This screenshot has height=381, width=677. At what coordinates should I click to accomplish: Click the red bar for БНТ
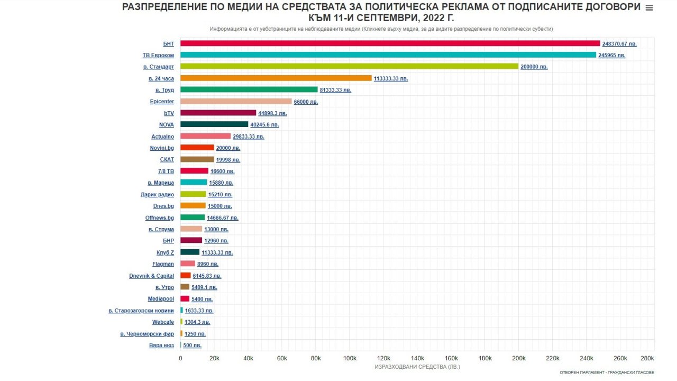tap(390, 43)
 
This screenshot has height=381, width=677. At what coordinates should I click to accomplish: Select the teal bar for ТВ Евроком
tap(388, 55)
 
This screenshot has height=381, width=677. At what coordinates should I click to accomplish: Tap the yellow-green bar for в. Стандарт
tap(349, 67)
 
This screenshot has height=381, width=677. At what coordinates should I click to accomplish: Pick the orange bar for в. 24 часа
tap(276, 78)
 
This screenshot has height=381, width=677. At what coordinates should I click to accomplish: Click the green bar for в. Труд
tap(249, 90)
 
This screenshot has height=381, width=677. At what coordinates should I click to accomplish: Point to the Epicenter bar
tap(236, 102)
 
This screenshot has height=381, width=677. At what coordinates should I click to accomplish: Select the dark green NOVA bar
tap(214, 125)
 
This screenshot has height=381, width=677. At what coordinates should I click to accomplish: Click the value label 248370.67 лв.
tap(619, 44)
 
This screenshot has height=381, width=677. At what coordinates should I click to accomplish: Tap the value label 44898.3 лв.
tap(272, 113)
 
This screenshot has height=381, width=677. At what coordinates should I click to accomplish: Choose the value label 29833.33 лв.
tap(249, 137)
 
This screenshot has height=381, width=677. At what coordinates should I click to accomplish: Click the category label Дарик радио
tap(158, 195)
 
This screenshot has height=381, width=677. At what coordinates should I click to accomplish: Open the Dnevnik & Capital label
tap(151, 276)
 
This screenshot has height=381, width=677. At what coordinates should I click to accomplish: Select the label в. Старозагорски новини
tap(141, 311)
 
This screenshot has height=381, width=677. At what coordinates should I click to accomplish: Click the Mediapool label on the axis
tap(161, 299)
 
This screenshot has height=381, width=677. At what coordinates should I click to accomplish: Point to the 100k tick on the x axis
tap(350, 358)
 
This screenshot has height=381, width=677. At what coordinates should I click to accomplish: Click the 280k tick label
tap(647, 358)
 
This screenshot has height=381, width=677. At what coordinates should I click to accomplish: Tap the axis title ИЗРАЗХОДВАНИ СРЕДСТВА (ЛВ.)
tap(417, 367)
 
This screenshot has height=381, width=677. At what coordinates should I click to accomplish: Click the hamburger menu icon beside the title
tap(649, 8)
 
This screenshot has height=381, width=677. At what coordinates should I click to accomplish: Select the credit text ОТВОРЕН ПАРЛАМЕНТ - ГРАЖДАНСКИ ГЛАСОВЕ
tap(607, 373)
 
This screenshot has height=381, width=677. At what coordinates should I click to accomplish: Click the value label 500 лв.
tap(192, 346)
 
